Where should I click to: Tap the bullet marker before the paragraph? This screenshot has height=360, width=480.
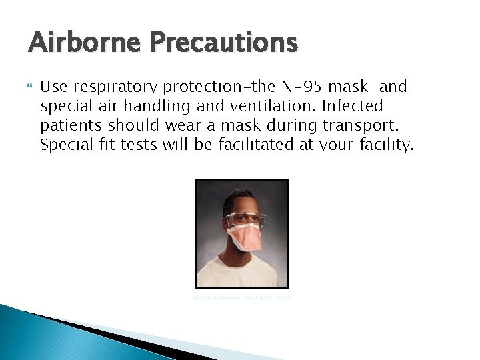(31, 87)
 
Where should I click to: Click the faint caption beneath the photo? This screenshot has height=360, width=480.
(241, 297)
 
